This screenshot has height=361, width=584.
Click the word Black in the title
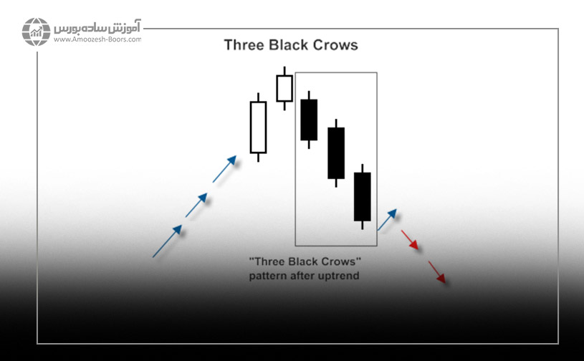coord(289,45)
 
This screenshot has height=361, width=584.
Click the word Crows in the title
coord(335,45)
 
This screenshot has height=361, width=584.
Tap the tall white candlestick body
coord(258,127)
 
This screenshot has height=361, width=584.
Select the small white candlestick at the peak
coord(284,88)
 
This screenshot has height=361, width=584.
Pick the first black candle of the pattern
coord(309,120)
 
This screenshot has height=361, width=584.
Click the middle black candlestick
coord(336,153)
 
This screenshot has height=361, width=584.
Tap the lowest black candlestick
coord(363,196)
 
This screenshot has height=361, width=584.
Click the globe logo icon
coord(36,32)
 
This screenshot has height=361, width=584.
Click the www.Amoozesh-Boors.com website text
coord(97,40)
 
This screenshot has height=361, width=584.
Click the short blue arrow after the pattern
coord(387,218)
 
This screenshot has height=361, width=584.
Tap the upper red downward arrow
coord(410,240)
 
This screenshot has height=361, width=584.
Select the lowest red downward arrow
coord(437,272)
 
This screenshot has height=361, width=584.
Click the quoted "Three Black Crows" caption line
coord(304,262)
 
